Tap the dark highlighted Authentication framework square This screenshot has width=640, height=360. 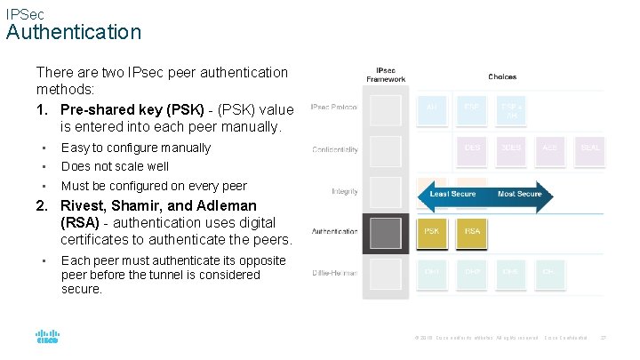386,232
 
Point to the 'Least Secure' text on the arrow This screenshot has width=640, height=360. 453,194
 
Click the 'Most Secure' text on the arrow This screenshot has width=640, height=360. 520,194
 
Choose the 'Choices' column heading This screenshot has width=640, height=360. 502,77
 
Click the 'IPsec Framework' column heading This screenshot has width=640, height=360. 386,74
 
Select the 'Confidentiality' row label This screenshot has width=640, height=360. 335,149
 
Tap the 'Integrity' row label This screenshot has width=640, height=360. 345,191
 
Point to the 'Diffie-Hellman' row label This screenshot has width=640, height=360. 336,273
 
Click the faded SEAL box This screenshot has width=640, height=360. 589,148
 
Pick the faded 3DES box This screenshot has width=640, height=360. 511,148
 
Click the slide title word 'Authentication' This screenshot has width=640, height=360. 74,32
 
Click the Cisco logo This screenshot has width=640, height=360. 47,337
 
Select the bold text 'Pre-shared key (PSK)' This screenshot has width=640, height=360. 128,110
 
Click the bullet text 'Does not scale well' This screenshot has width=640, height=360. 115,166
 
